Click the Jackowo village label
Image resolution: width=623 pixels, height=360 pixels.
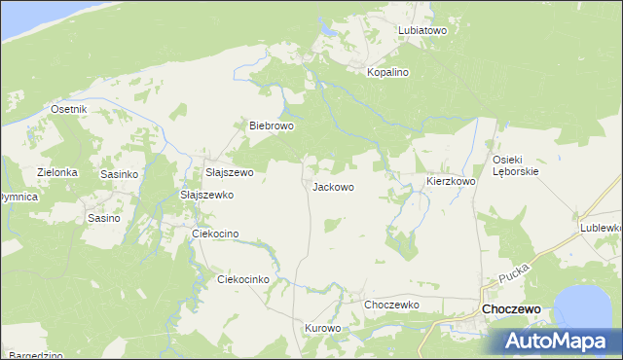tap(332, 187)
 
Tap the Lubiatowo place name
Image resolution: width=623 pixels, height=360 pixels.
tap(421, 30)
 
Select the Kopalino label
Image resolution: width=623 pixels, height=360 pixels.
tap(386, 73)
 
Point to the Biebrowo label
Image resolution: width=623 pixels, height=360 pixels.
tap(272, 126)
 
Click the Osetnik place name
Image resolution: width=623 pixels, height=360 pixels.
tap(69, 109)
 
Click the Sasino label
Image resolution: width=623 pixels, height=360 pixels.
tap(103, 218)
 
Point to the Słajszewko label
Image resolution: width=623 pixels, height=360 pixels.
tap(207, 195)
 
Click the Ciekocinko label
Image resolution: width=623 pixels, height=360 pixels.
tap(242, 279)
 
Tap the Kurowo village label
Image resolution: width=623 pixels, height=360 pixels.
tap(323, 328)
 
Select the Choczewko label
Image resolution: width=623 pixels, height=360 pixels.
tap(391, 305)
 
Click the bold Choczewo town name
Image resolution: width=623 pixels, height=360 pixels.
tap(512, 308)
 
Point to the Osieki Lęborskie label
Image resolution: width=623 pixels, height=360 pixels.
tap(515, 164)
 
